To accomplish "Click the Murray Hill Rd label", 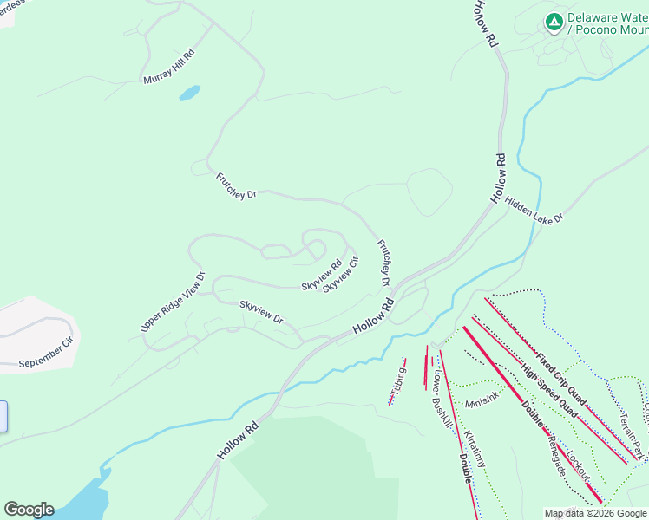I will pos(169,67).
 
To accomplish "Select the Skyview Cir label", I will pos(341,274).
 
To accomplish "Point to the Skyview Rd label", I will pos(321,274).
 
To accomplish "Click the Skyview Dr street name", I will pos(261,312).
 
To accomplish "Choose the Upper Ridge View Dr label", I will pos(173,302).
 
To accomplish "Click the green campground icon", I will pos(554,20).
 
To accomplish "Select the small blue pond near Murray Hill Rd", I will pos(189,92).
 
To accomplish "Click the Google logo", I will pos(29,510).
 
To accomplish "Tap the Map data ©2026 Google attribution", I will pos(595,513).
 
